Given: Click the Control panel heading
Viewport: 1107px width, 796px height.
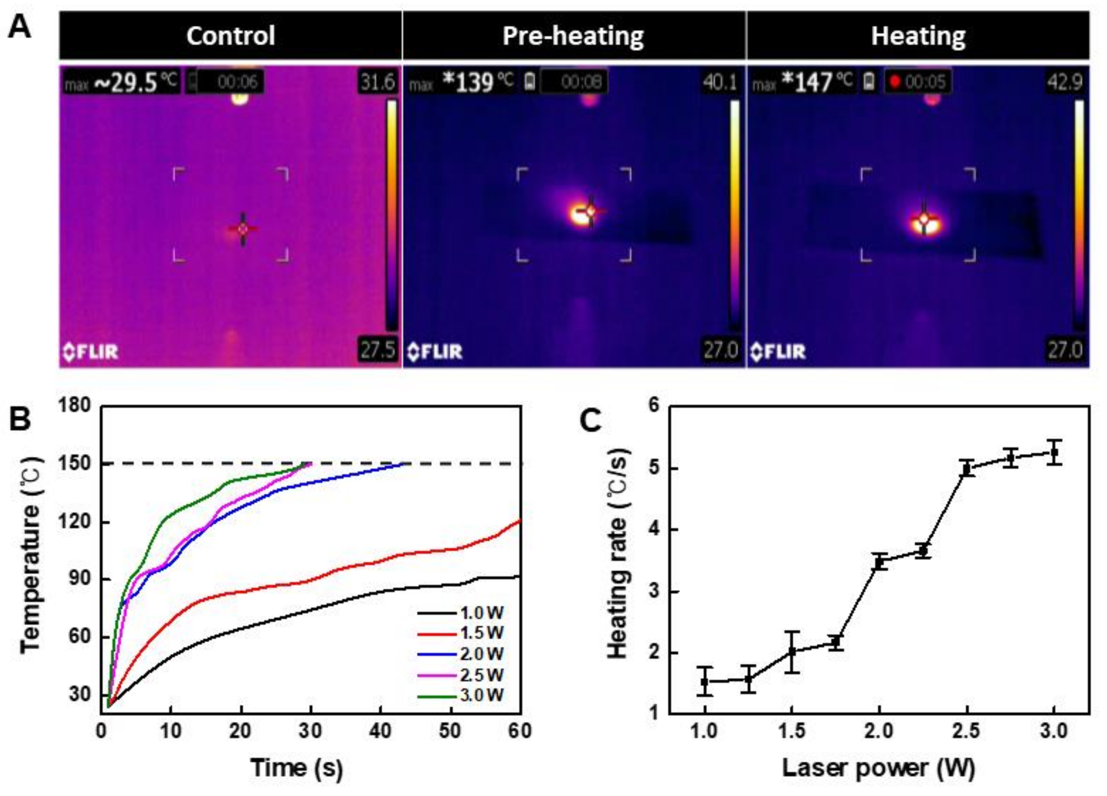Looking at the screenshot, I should [x=230, y=36].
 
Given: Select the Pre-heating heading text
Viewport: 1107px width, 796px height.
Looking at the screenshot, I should [x=573, y=36].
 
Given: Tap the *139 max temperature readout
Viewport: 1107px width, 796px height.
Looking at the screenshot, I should [x=468, y=82].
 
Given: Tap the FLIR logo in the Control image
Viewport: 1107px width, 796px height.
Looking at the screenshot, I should [x=91, y=352].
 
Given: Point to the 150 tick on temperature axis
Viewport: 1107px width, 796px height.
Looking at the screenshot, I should [x=74, y=464].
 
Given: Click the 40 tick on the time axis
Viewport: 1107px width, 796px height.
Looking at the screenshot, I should [x=380, y=731].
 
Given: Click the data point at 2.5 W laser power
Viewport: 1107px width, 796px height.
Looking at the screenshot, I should [x=966, y=469].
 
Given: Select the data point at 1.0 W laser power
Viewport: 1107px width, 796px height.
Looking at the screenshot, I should [x=704, y=682].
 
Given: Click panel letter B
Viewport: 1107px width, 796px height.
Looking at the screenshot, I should [x=19, y=419].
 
